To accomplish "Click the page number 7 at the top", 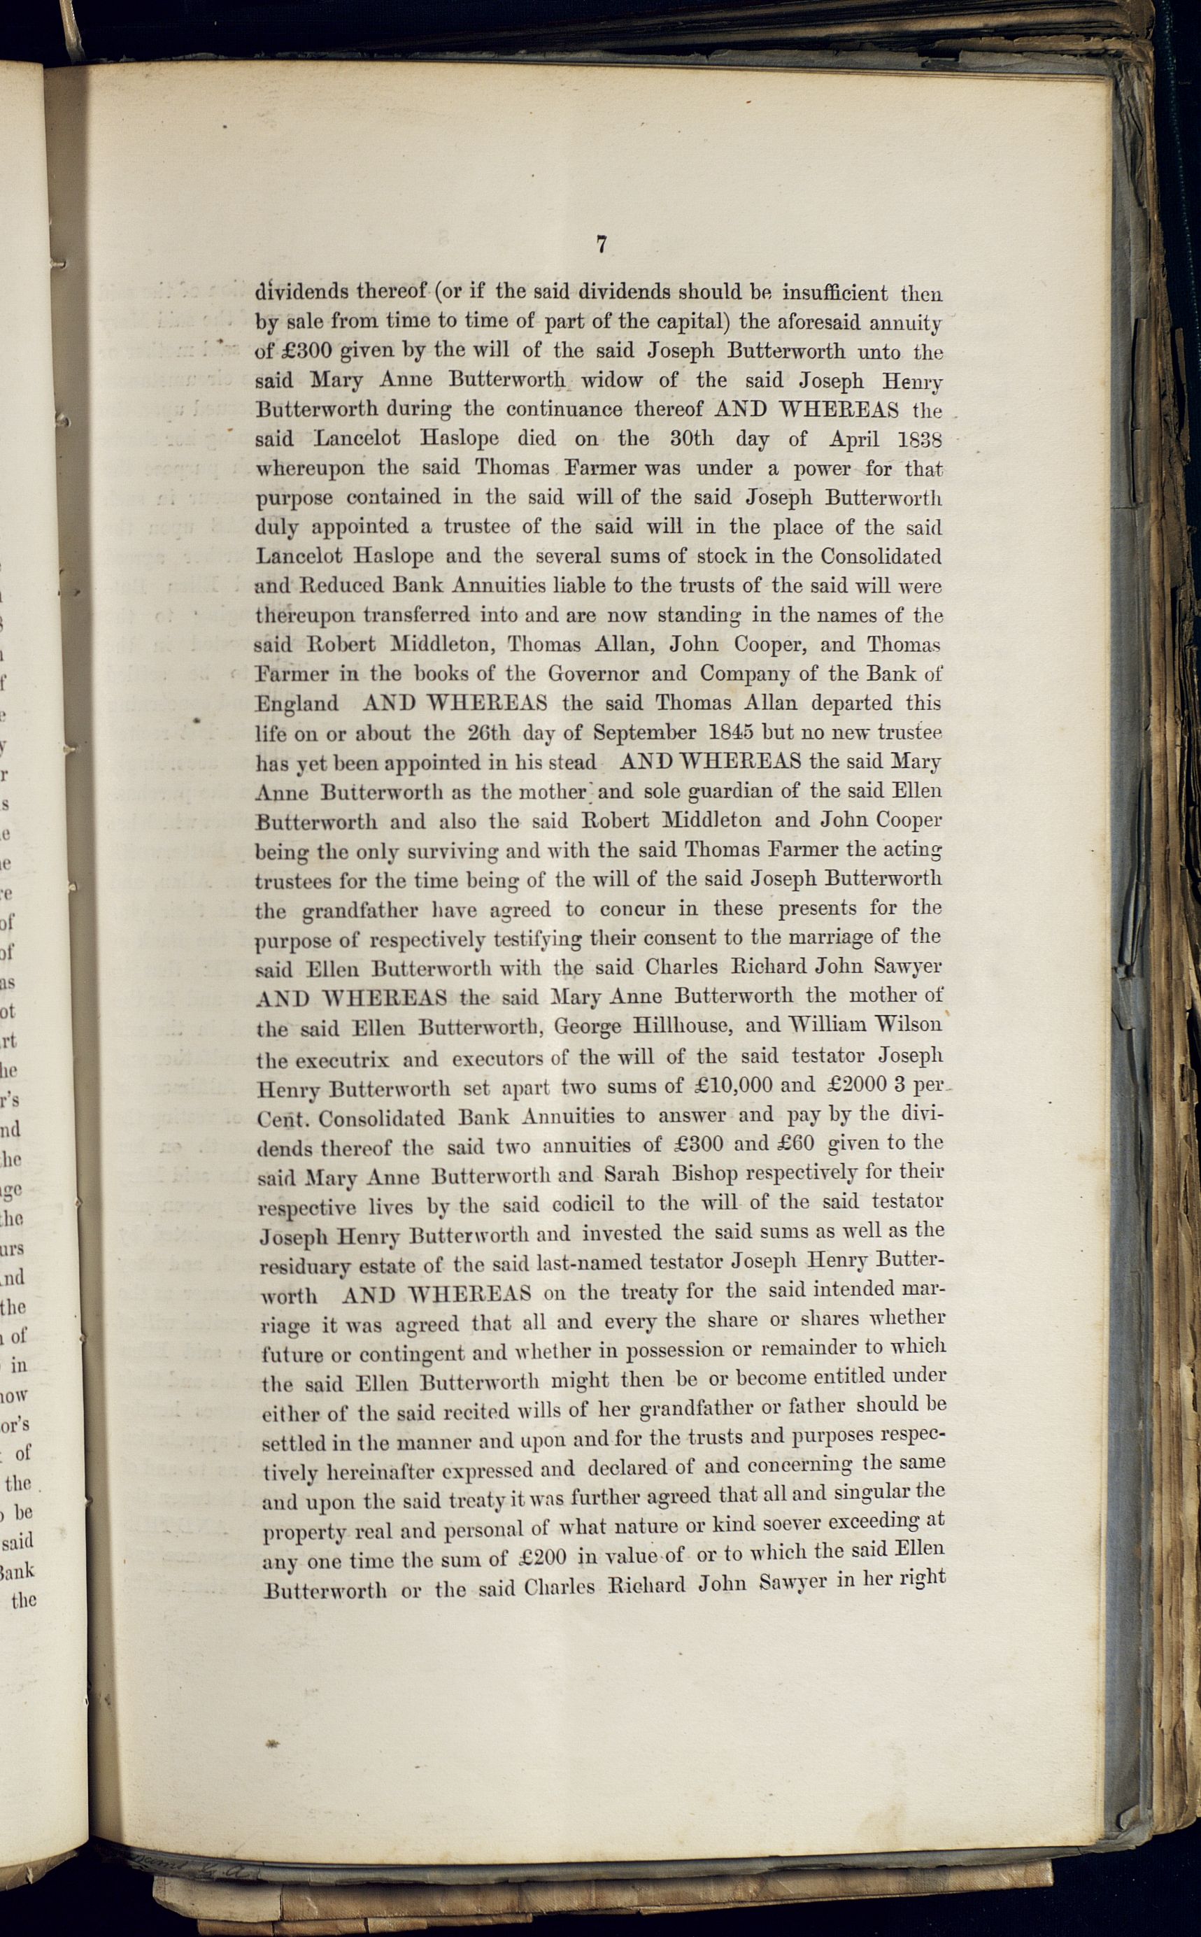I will tap(602, 245).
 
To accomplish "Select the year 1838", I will tap(919, 439).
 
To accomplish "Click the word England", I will tap(297, 704).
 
